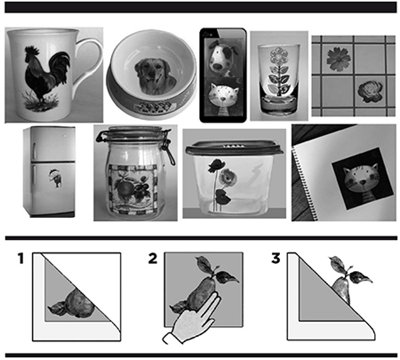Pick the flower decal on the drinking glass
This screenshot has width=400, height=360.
tap(278, 71)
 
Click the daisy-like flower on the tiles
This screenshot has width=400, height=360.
tap(339, 59)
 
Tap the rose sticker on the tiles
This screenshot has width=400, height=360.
tap(371, 92)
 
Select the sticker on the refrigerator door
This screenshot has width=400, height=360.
tap(55, 178)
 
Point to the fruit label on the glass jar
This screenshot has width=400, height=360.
tap(132, 188)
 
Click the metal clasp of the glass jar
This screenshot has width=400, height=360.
tap(168, 147)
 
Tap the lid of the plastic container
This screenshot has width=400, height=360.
tap(234, 148)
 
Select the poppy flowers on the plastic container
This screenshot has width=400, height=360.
tap(220, 181)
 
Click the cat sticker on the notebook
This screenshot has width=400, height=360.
tap(363, 179)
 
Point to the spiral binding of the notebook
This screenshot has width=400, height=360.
tap(304, 184)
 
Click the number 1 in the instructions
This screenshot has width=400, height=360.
tap(20, 259)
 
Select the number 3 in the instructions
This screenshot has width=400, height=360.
tap(276, 259)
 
